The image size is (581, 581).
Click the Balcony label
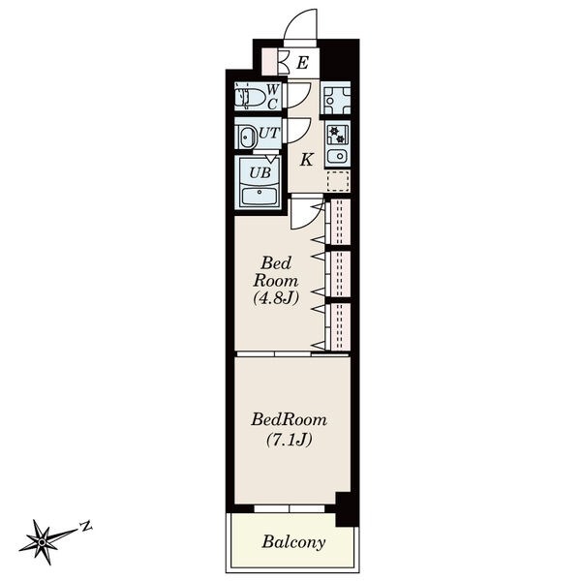point(293,542)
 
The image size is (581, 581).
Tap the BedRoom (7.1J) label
point(289,430)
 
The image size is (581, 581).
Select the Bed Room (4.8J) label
point(276,281)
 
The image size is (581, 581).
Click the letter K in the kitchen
point(306,160)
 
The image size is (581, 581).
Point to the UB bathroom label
point(260,172)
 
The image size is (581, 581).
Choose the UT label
point(269,134)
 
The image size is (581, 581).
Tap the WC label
point(273,96)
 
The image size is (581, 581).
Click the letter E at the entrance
point(303,63)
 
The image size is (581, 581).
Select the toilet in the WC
point(250,98)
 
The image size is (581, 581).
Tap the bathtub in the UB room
point(260,197)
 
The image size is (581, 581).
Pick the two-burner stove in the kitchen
point(337,135)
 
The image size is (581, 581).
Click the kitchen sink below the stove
point(337,156)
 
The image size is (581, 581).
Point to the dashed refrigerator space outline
point(338,181)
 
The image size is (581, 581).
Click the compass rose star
point(42,542)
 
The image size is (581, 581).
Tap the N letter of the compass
point(86,526)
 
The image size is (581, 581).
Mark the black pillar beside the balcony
point(348,509)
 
